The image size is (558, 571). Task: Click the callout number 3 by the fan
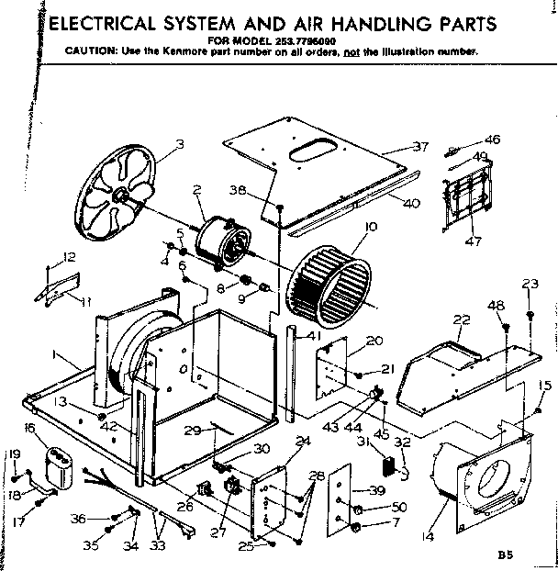point(180,142)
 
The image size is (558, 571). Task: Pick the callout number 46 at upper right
point(493,140)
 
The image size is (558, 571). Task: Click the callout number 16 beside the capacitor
point(28,428)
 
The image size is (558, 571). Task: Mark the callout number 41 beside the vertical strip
point(314,336)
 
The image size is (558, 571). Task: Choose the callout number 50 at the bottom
point(399,508)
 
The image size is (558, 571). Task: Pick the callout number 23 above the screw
point(530,285)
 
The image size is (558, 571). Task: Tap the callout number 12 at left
point(69,256)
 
